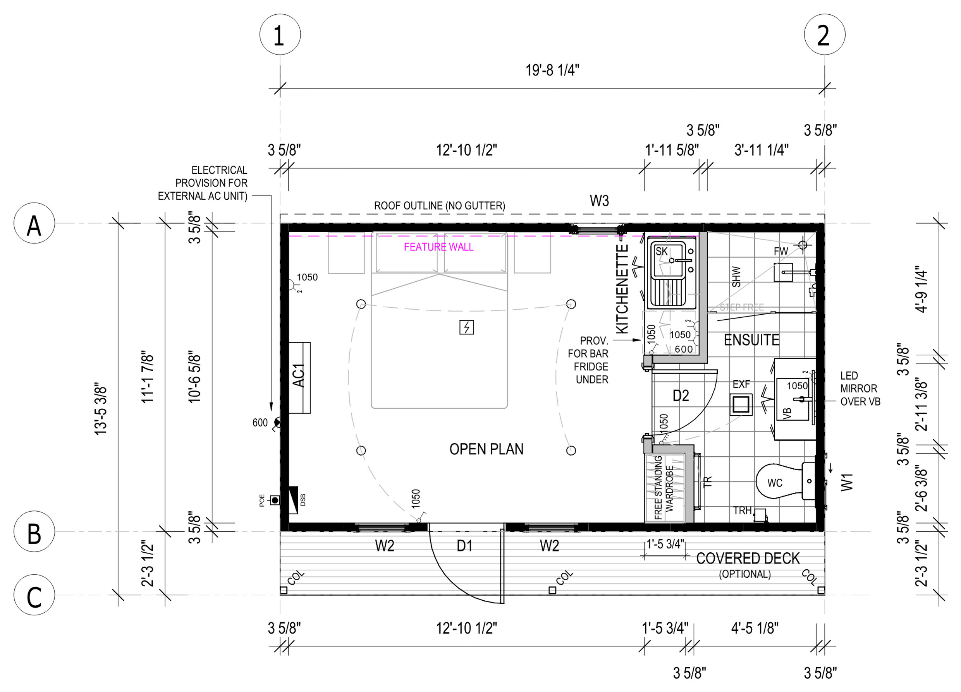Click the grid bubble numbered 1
[280, 34]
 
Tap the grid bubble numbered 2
[824, 34]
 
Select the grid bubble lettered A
[34, 223]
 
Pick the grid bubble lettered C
[34, 594]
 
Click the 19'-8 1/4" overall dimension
[552, 70]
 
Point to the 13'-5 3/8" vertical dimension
[101, 411]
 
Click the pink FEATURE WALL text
[438, 247]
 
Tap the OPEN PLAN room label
[487, 449]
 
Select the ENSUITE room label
[751, 340]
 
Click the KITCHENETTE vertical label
[622, 289]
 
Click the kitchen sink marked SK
[671, 273]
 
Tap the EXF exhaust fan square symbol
[741, 404]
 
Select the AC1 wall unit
[299, 378]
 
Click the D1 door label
[464, 546]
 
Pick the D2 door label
[681, 396]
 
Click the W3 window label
[599, 201]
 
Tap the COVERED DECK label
[748, 558]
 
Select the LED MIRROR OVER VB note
[860, 388]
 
